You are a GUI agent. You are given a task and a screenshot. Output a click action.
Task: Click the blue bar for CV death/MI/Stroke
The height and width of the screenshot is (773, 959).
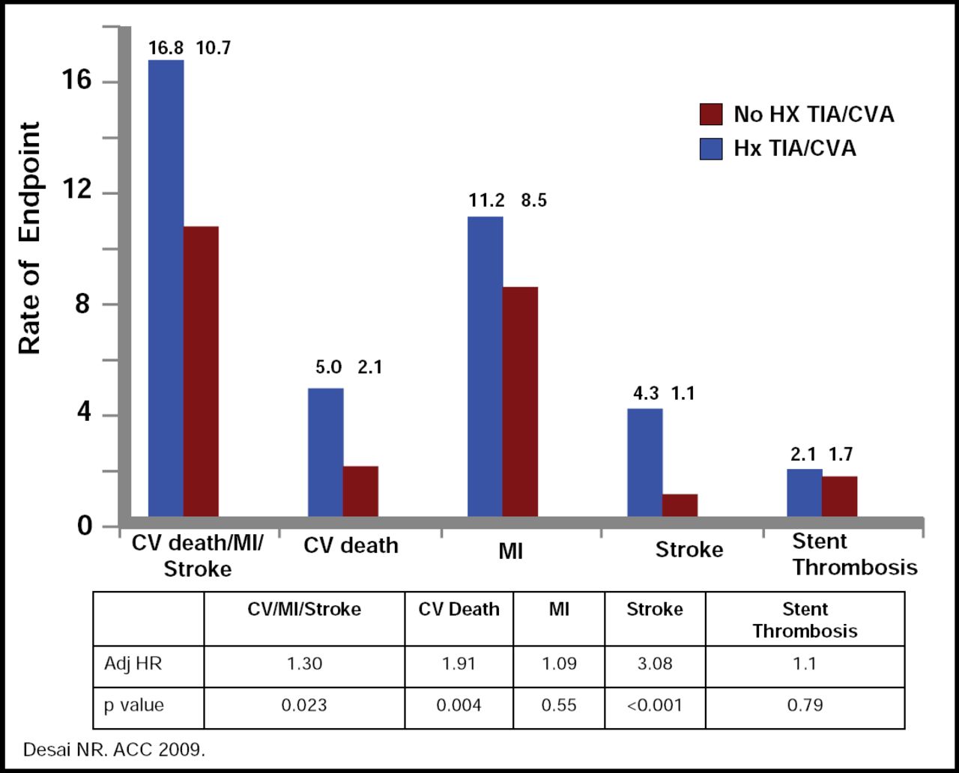tap(166, 288)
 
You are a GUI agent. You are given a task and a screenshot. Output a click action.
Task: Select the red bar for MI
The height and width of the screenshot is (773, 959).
tap(520, 401)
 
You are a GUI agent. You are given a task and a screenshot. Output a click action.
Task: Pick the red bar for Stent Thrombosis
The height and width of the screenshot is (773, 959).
tap(839, 496)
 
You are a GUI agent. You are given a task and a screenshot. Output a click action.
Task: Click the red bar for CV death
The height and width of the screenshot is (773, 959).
tap(360, 491)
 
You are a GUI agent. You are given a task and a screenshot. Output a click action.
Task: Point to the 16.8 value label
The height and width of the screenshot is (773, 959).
tap(166, 49)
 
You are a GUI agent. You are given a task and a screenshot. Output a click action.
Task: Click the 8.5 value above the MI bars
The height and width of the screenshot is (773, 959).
tap(533, 201)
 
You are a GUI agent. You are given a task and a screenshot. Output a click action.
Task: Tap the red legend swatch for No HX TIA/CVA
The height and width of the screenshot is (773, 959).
tap(710, 115)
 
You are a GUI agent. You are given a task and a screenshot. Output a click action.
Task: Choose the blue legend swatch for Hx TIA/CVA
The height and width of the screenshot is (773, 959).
tap(710, 148)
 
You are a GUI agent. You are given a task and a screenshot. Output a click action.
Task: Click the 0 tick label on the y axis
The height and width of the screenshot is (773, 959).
tap(84, 526)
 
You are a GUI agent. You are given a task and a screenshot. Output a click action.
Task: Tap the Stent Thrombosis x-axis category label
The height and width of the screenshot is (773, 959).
tap(854, 554)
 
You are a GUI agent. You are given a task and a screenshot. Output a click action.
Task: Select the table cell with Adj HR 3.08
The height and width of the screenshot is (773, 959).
tap(655, 664)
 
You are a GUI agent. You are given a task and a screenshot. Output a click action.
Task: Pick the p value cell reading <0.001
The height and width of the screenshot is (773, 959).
tap(655, 706)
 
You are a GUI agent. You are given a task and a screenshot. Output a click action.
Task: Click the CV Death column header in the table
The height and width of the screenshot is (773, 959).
tap(459, 610)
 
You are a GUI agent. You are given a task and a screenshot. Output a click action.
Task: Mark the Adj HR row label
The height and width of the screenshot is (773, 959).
tap(132, 664)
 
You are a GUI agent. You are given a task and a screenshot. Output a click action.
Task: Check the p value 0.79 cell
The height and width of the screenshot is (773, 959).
tap(805, 706)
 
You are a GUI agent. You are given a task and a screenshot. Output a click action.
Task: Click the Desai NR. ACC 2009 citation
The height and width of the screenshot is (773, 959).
tap(114, 749)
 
